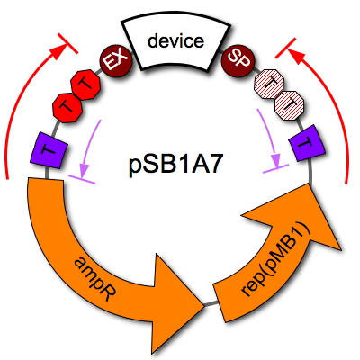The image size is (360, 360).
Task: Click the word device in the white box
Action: pyautogui.click(x=175, y=40)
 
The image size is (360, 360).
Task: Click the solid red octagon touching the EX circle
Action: pyautogui.click(x=85, y=85)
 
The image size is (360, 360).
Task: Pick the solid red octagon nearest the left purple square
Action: pyautogui.click(x=67, y=107)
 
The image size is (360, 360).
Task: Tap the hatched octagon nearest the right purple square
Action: pyautogui.click(x=290, y=105)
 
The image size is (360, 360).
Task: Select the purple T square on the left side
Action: pyautogui.click(x=49, y=151)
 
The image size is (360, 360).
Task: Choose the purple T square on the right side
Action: pyautogui.click(x=308, y=143)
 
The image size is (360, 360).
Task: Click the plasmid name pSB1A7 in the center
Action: pyautogui.click(x=176, y=164)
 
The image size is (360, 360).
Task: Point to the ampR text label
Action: pyautogui.click(x=94, y=275)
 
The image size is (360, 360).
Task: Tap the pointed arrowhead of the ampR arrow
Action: pyautogui.click(x=203, y=305)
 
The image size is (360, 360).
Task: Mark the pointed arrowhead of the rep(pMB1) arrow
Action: pyautogui.click(x=309, y=185)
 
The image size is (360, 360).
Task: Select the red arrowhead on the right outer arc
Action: pyautogui.click(x=296, y=57)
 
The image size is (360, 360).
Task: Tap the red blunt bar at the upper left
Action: pyautogui.click(x=67, y=44)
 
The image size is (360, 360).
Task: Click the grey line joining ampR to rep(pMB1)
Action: pyautogui.click(x=210, y=303)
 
